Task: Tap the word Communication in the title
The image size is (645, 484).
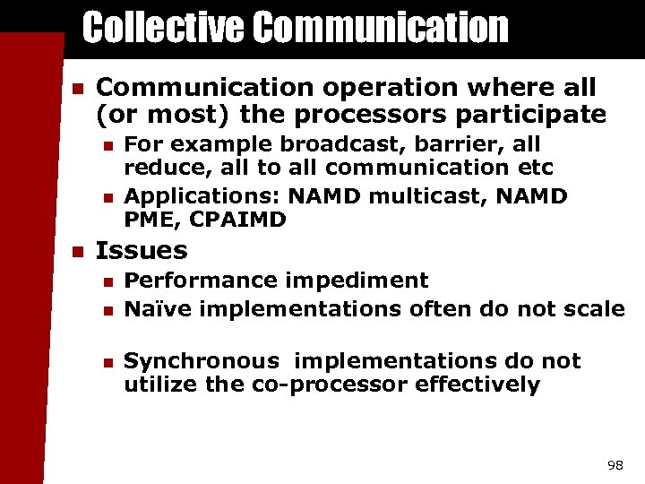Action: click(x=380, y=28)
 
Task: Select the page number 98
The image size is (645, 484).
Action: click(x=615, y=465)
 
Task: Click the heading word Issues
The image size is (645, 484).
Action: click(x=142, y=250)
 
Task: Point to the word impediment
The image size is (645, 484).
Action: click(x=357, y=281)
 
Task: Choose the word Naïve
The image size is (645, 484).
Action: click(x=158, y=310)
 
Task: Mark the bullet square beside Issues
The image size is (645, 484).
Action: click(x=77, y=251)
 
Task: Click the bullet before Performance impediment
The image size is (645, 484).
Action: click(x=107, y=281)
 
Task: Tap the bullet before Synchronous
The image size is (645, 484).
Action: click(x=107, y=362)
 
